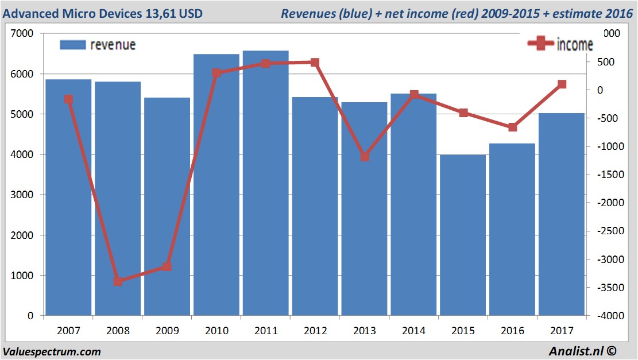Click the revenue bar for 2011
(265, 184)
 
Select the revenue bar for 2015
(463, 235)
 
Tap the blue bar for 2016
(512, 230)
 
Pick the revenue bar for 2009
(167, 207)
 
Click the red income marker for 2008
(118, 281)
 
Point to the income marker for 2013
(365, 156)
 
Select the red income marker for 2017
(562, 84)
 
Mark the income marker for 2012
(315, 62)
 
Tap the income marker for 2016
(513, 127)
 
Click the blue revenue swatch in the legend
(72, 44)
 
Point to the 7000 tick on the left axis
(24, 34)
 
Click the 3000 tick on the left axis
(24, 195)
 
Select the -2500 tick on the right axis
(607, 231)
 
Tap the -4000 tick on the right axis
(607, 316)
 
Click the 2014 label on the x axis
(414, 331)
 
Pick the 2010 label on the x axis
(216, 331)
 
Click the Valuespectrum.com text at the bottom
(52, 351)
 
